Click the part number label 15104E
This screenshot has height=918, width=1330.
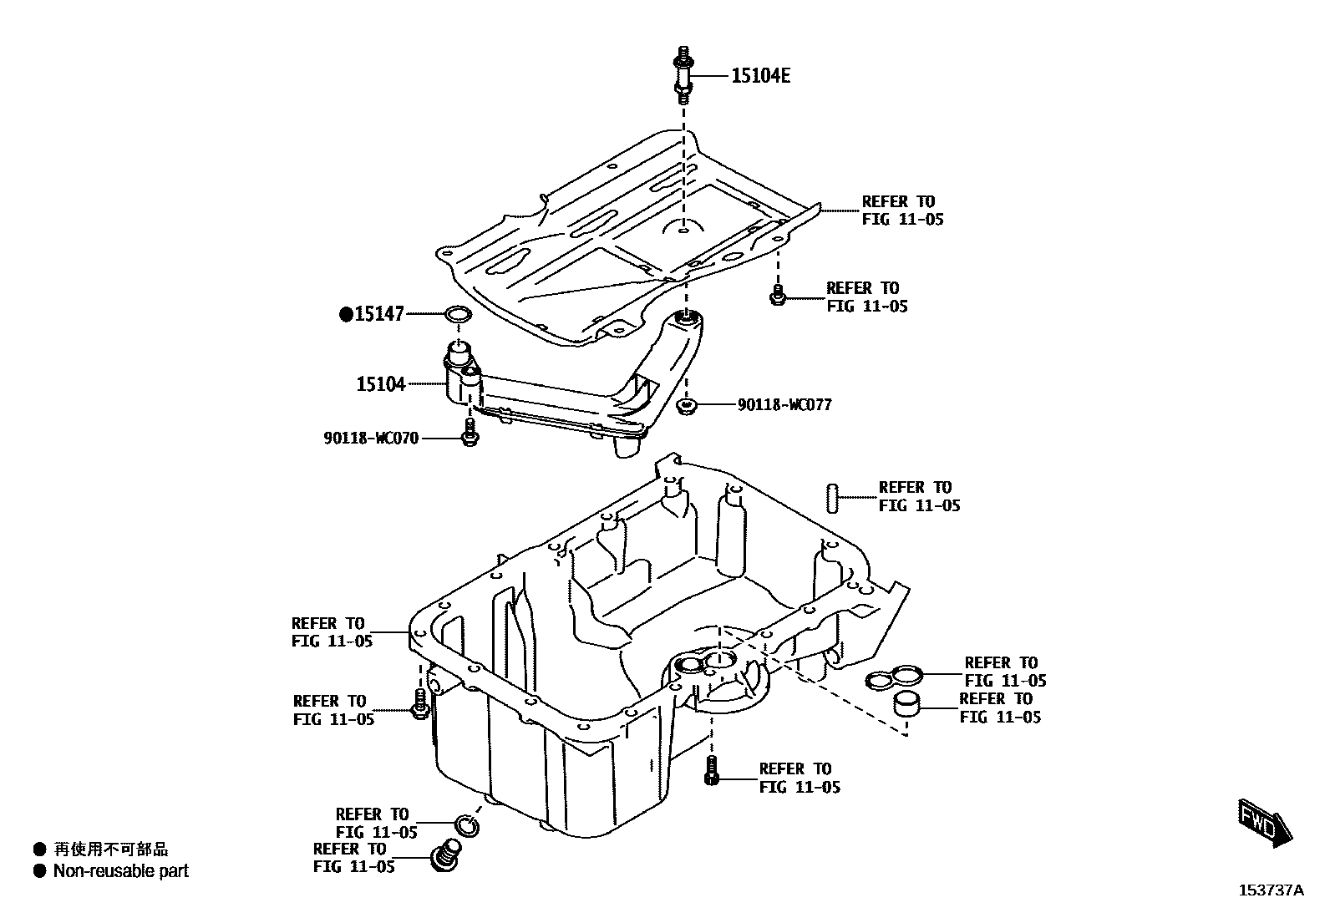(x=760, y=76)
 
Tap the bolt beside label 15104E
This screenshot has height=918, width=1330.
(x=683, y=74)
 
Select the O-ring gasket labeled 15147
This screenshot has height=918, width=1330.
(x=457, y=315)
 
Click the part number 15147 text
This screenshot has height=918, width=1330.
(x=379, y=314)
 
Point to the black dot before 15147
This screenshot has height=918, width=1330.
(x=346, y=314)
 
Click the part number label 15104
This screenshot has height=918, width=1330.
(x=381, y=384)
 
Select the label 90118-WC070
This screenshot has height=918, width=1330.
(x=371, y=438)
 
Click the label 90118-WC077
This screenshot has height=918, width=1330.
(x=784, y=405)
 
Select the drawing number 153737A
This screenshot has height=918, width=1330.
(x=1270, y=891)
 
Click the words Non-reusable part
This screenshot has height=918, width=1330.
(x=121, y=871)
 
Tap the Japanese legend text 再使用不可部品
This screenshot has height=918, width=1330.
(x=111, y=850)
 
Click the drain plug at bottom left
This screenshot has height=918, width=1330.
(x=446, y=858)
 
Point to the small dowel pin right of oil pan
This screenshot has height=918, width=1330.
(x=832, y=497)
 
